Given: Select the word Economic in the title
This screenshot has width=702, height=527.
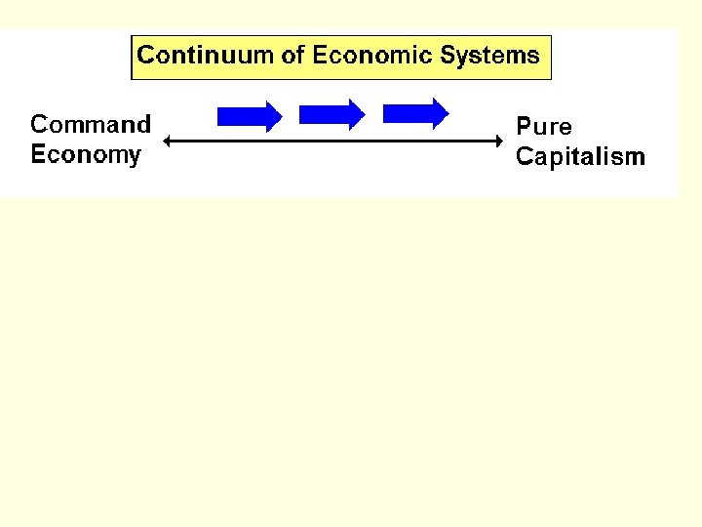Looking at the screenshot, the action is coord(373,56).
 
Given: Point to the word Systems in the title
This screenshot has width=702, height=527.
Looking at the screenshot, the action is coord(490,56).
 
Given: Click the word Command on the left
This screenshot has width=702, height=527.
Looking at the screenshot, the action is coord(91,125).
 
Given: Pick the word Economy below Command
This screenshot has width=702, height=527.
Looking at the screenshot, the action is coord(86,155).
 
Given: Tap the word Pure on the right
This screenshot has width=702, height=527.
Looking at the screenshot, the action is coord(544,127).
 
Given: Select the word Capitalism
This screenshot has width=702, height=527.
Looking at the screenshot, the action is coord(580,157).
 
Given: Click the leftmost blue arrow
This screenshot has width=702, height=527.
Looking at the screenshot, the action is coord(249,116).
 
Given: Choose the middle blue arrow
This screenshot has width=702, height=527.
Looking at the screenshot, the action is coord(331,114).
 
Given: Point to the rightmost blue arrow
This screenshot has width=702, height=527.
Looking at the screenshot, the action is coord(415,113).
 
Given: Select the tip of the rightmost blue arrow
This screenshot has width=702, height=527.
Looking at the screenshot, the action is coord(448,113).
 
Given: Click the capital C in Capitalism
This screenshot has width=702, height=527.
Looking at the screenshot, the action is coord(524,157).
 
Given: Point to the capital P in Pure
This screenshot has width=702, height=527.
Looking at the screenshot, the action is coord(524,127).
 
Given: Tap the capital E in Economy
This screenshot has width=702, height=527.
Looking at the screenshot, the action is coord(38,154).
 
